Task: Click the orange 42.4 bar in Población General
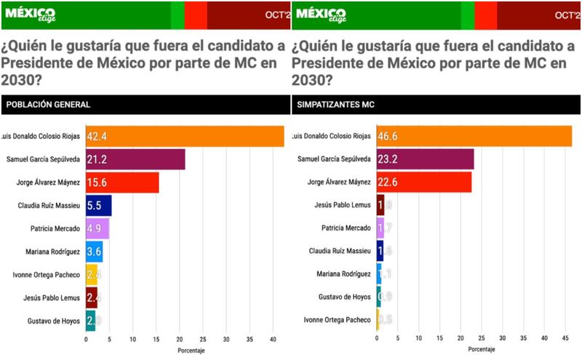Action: [185, 136]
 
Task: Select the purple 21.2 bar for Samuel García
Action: [135, 159]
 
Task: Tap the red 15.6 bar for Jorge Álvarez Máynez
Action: [122, 183]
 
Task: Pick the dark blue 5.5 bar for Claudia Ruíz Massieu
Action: [98, 206]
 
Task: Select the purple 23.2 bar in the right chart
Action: [425, 159]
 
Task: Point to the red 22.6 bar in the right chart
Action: [423, 183]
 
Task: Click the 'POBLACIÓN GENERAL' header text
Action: [49, 105]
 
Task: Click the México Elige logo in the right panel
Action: [323, 15]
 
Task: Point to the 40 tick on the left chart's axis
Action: [273, 340]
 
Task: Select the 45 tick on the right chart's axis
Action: [567, 340]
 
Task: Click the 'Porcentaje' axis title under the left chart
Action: [191, 351]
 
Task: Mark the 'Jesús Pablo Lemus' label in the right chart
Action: [341, 206]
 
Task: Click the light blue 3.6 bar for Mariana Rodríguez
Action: [94, 252]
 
